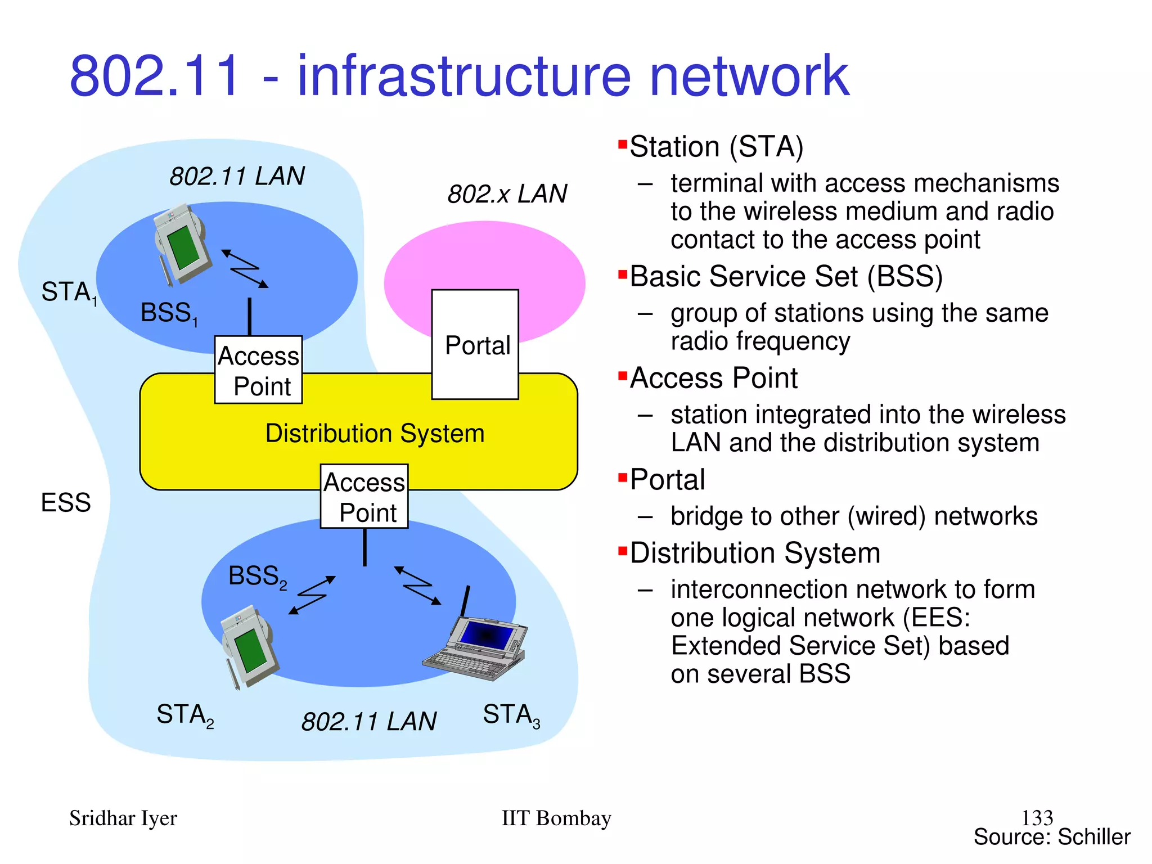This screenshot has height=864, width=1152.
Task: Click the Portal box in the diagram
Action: [475, 344]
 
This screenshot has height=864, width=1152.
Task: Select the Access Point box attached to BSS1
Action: [258, 370]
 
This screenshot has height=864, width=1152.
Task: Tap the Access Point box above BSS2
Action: [364, 496]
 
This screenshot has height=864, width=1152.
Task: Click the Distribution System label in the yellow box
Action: [375, 434]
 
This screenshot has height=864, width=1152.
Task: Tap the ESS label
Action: [66, 502]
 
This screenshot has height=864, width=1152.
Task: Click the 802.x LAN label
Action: [507, 194]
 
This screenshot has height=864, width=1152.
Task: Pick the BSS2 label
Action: [257, 577]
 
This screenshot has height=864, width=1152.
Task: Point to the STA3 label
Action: [511, 715]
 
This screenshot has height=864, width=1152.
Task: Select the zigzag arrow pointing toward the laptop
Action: [418, 586]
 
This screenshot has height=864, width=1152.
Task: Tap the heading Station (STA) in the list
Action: [716, 147]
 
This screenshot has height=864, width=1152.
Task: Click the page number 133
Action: [1037, 817]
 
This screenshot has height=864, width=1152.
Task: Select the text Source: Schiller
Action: [1051, 837]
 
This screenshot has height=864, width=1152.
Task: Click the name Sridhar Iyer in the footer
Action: [123, 818]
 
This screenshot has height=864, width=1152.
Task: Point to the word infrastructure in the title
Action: [463, 76]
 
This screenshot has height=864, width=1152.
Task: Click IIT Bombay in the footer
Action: [556, 818]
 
